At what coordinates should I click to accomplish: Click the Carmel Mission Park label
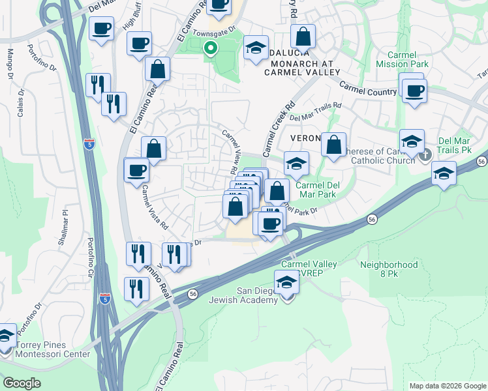coord(403,60)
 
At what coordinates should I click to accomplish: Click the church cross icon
coord(425,155)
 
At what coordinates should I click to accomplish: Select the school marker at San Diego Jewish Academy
coord(286,283)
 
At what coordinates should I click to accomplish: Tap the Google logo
coord(22,383)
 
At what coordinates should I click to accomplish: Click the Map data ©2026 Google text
coord(447,386)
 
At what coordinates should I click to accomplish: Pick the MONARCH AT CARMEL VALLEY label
coord(299,68)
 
